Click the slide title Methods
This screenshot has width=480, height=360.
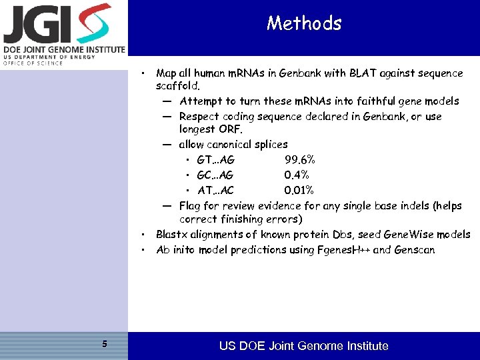(x=304, y=23)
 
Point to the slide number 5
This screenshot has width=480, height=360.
(x=104, y=344)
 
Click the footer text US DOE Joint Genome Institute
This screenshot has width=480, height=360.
(x=303, y=346)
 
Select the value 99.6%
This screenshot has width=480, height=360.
(x=299, y=159)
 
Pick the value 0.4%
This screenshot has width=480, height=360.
(x=296, y=175)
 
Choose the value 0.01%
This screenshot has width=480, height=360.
(x=299, y=190)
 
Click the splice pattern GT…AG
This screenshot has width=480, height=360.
(x=215, y=159)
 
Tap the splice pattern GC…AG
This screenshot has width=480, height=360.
(x=215, y=175)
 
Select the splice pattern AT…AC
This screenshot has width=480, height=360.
(x=215, y=190)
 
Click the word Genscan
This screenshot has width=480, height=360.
(x=414, y=250)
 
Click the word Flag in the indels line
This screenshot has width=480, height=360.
(x=191, y=206)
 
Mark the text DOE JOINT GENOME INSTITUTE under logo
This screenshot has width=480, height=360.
(x=63, y=49)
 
